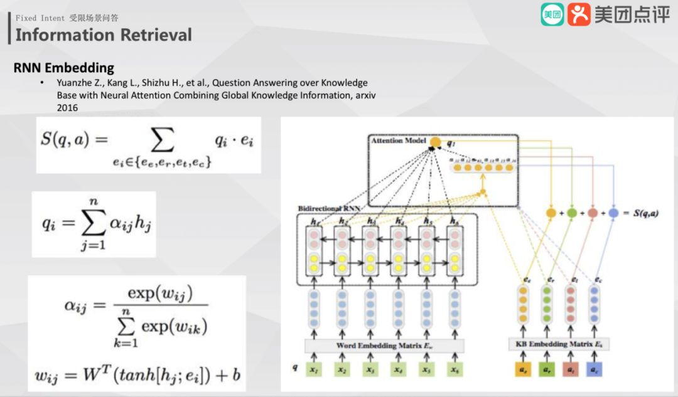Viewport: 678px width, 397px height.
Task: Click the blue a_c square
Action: pos(594,371)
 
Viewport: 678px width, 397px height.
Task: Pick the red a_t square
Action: pos(570,371)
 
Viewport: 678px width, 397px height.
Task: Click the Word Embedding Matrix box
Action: pos(385,346)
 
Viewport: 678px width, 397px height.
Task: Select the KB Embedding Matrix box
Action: pos(559,344)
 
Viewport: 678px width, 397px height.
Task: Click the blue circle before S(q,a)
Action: pos(613,213)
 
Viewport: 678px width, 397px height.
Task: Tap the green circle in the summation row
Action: pos(571,213)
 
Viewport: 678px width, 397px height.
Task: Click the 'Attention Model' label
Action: pos(398,140)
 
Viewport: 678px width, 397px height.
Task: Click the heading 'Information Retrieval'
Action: pos(104,34)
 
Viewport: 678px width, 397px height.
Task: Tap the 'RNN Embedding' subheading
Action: pos(64,68)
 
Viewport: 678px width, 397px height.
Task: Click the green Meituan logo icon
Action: pos(552,14)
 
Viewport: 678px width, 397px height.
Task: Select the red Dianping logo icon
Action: pos(579,14)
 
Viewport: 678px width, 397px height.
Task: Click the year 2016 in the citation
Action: pos(67,108)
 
